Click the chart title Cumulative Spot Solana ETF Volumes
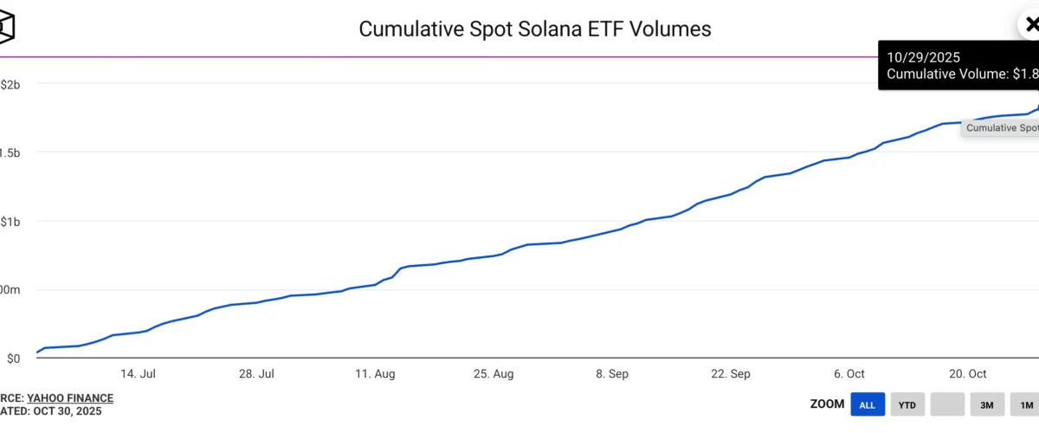(x=534, y=29)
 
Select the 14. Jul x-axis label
(x=138, y=374)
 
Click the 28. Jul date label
(x=256, y=374)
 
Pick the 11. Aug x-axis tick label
(x=375, y=374)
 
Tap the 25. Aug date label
(x=493, y=374)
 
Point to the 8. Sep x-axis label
(x=612, y=374)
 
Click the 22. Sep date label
(x=730, y=374)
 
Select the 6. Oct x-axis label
(x=849, y=374)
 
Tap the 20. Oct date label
(x=967, y=374)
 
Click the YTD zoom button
(x=907, y=404)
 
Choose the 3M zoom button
(x=986, y=404)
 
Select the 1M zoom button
(x=1026, y=404)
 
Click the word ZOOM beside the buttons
(x=827, y=404)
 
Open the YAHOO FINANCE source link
(x=70, y=398)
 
